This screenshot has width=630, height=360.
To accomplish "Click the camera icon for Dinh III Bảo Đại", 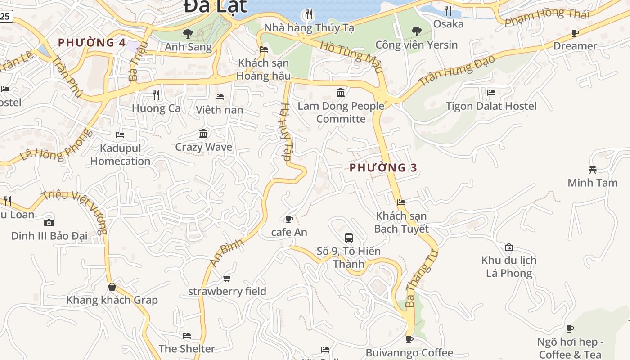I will [49, 223].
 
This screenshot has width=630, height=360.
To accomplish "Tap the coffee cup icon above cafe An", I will [289, 219].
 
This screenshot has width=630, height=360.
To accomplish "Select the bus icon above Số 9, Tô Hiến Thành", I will [349, 238].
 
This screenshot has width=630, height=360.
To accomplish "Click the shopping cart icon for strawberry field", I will [227, 279].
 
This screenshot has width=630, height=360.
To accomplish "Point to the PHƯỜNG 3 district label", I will [383, 168].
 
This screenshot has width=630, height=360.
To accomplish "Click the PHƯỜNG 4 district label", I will [92, 43].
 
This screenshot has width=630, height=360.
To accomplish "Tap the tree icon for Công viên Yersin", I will [417, 31].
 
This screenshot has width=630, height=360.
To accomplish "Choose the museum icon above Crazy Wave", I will [203, 134].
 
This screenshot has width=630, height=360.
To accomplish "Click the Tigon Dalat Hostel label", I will [491, 106].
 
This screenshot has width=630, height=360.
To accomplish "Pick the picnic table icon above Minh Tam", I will [592, 170].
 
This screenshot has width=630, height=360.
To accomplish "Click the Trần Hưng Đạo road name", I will [456, 70].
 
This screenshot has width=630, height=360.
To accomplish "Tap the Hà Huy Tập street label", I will [286, 133].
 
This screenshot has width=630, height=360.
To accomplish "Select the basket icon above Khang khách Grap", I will [112, 287].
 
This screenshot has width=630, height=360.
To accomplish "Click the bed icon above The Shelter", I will [187, 336].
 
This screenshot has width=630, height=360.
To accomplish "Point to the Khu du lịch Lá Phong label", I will [509, 266].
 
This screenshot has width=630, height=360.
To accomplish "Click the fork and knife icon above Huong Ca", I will [156, 95].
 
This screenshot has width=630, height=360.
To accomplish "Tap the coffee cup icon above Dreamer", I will [575, 33].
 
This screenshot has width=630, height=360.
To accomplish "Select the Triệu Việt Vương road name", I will [75, 211].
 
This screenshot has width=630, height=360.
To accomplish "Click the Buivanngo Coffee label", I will [409, 353].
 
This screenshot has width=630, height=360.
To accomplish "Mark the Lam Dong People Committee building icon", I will [341, 93].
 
